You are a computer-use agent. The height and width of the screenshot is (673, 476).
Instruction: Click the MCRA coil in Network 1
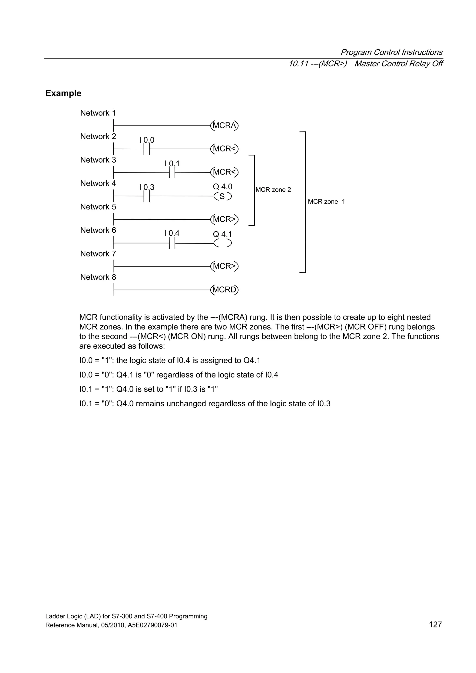click(224, 125)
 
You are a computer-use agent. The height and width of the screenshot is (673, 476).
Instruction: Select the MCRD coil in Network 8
click(224, 290)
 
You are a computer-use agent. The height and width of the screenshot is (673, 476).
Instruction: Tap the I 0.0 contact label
click(147, 140)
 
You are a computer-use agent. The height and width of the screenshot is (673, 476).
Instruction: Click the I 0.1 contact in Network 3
click(172, 172)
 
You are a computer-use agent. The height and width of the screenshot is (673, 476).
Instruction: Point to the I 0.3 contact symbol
click(147, 196)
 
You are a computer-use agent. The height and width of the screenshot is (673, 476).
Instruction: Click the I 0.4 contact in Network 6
click(172, 243)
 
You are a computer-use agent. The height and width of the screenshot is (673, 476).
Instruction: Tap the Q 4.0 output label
click(223, 187)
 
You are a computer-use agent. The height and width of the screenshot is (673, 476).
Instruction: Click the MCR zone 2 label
click(273, 190)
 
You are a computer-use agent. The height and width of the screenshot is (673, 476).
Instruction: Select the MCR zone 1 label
click(326, 202)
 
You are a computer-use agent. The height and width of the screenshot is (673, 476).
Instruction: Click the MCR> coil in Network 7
click(224, 266)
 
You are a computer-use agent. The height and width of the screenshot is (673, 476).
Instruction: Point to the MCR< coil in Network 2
click(224, 149)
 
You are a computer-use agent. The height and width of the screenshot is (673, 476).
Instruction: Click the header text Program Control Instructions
click(391, 52)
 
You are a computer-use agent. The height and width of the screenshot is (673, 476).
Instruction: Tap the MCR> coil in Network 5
click(224, 219)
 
